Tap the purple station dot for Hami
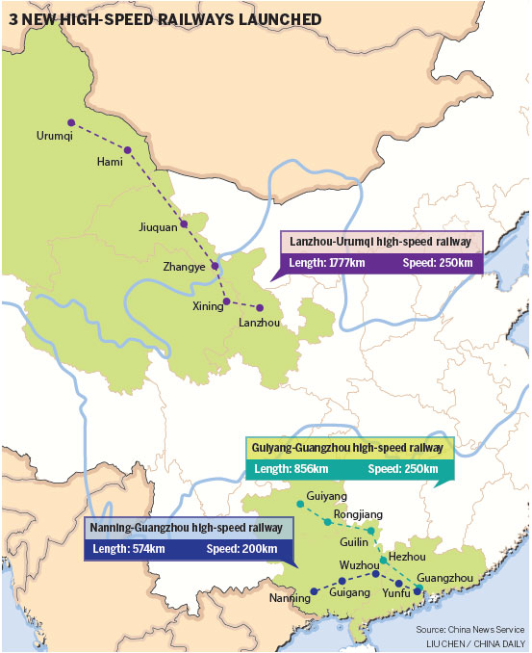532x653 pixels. click(x=127, y=150)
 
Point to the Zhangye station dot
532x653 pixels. click(x=215, y=266)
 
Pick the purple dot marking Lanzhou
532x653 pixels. click(x=259, y=308)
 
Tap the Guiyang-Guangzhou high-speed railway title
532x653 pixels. click(x=347, y=448)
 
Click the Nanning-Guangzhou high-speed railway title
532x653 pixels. click(x=187, y=528)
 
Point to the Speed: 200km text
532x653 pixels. click(x=241, y=549)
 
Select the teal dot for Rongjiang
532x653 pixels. click(x=328, y=522)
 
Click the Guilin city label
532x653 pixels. click(x=354, y=543)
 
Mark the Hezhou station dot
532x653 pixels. click(x=383, y=560)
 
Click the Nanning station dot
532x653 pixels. click(x=314, y=590)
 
